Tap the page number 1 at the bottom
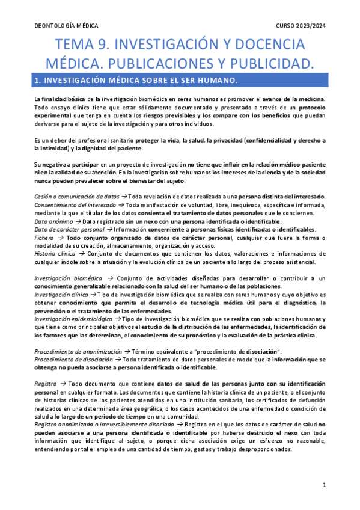(324, 484)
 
